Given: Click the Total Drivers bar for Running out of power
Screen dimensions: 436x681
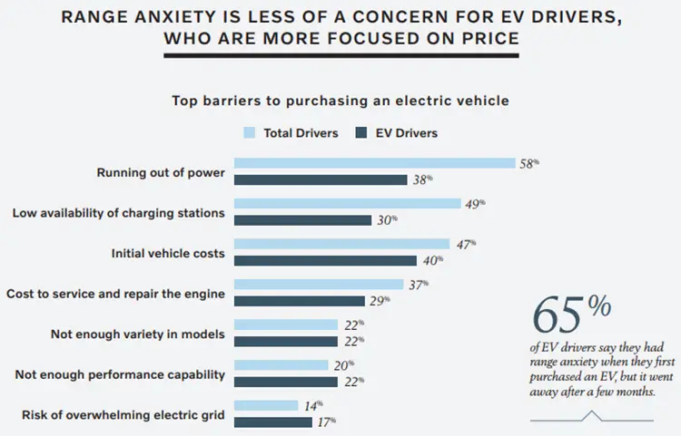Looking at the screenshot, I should (375, 163).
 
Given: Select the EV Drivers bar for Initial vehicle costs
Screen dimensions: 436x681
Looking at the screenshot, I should (326, 260).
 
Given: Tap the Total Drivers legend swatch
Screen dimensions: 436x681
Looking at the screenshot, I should (251, 133).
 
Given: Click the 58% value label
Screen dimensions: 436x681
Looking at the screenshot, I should (529, 163).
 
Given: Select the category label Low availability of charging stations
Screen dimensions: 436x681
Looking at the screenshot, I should (118, 213).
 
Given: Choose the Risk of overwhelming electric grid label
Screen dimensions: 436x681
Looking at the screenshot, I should (123, 415).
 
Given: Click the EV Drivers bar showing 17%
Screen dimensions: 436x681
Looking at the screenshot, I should (274, 421).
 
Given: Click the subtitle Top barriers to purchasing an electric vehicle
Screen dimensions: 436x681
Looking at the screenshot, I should (340, 101).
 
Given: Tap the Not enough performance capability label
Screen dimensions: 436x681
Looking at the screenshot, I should (119, 374).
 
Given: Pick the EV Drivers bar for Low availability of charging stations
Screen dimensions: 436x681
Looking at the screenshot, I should (303, 219).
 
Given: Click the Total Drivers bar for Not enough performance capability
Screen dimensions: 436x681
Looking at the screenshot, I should (281, 365).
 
